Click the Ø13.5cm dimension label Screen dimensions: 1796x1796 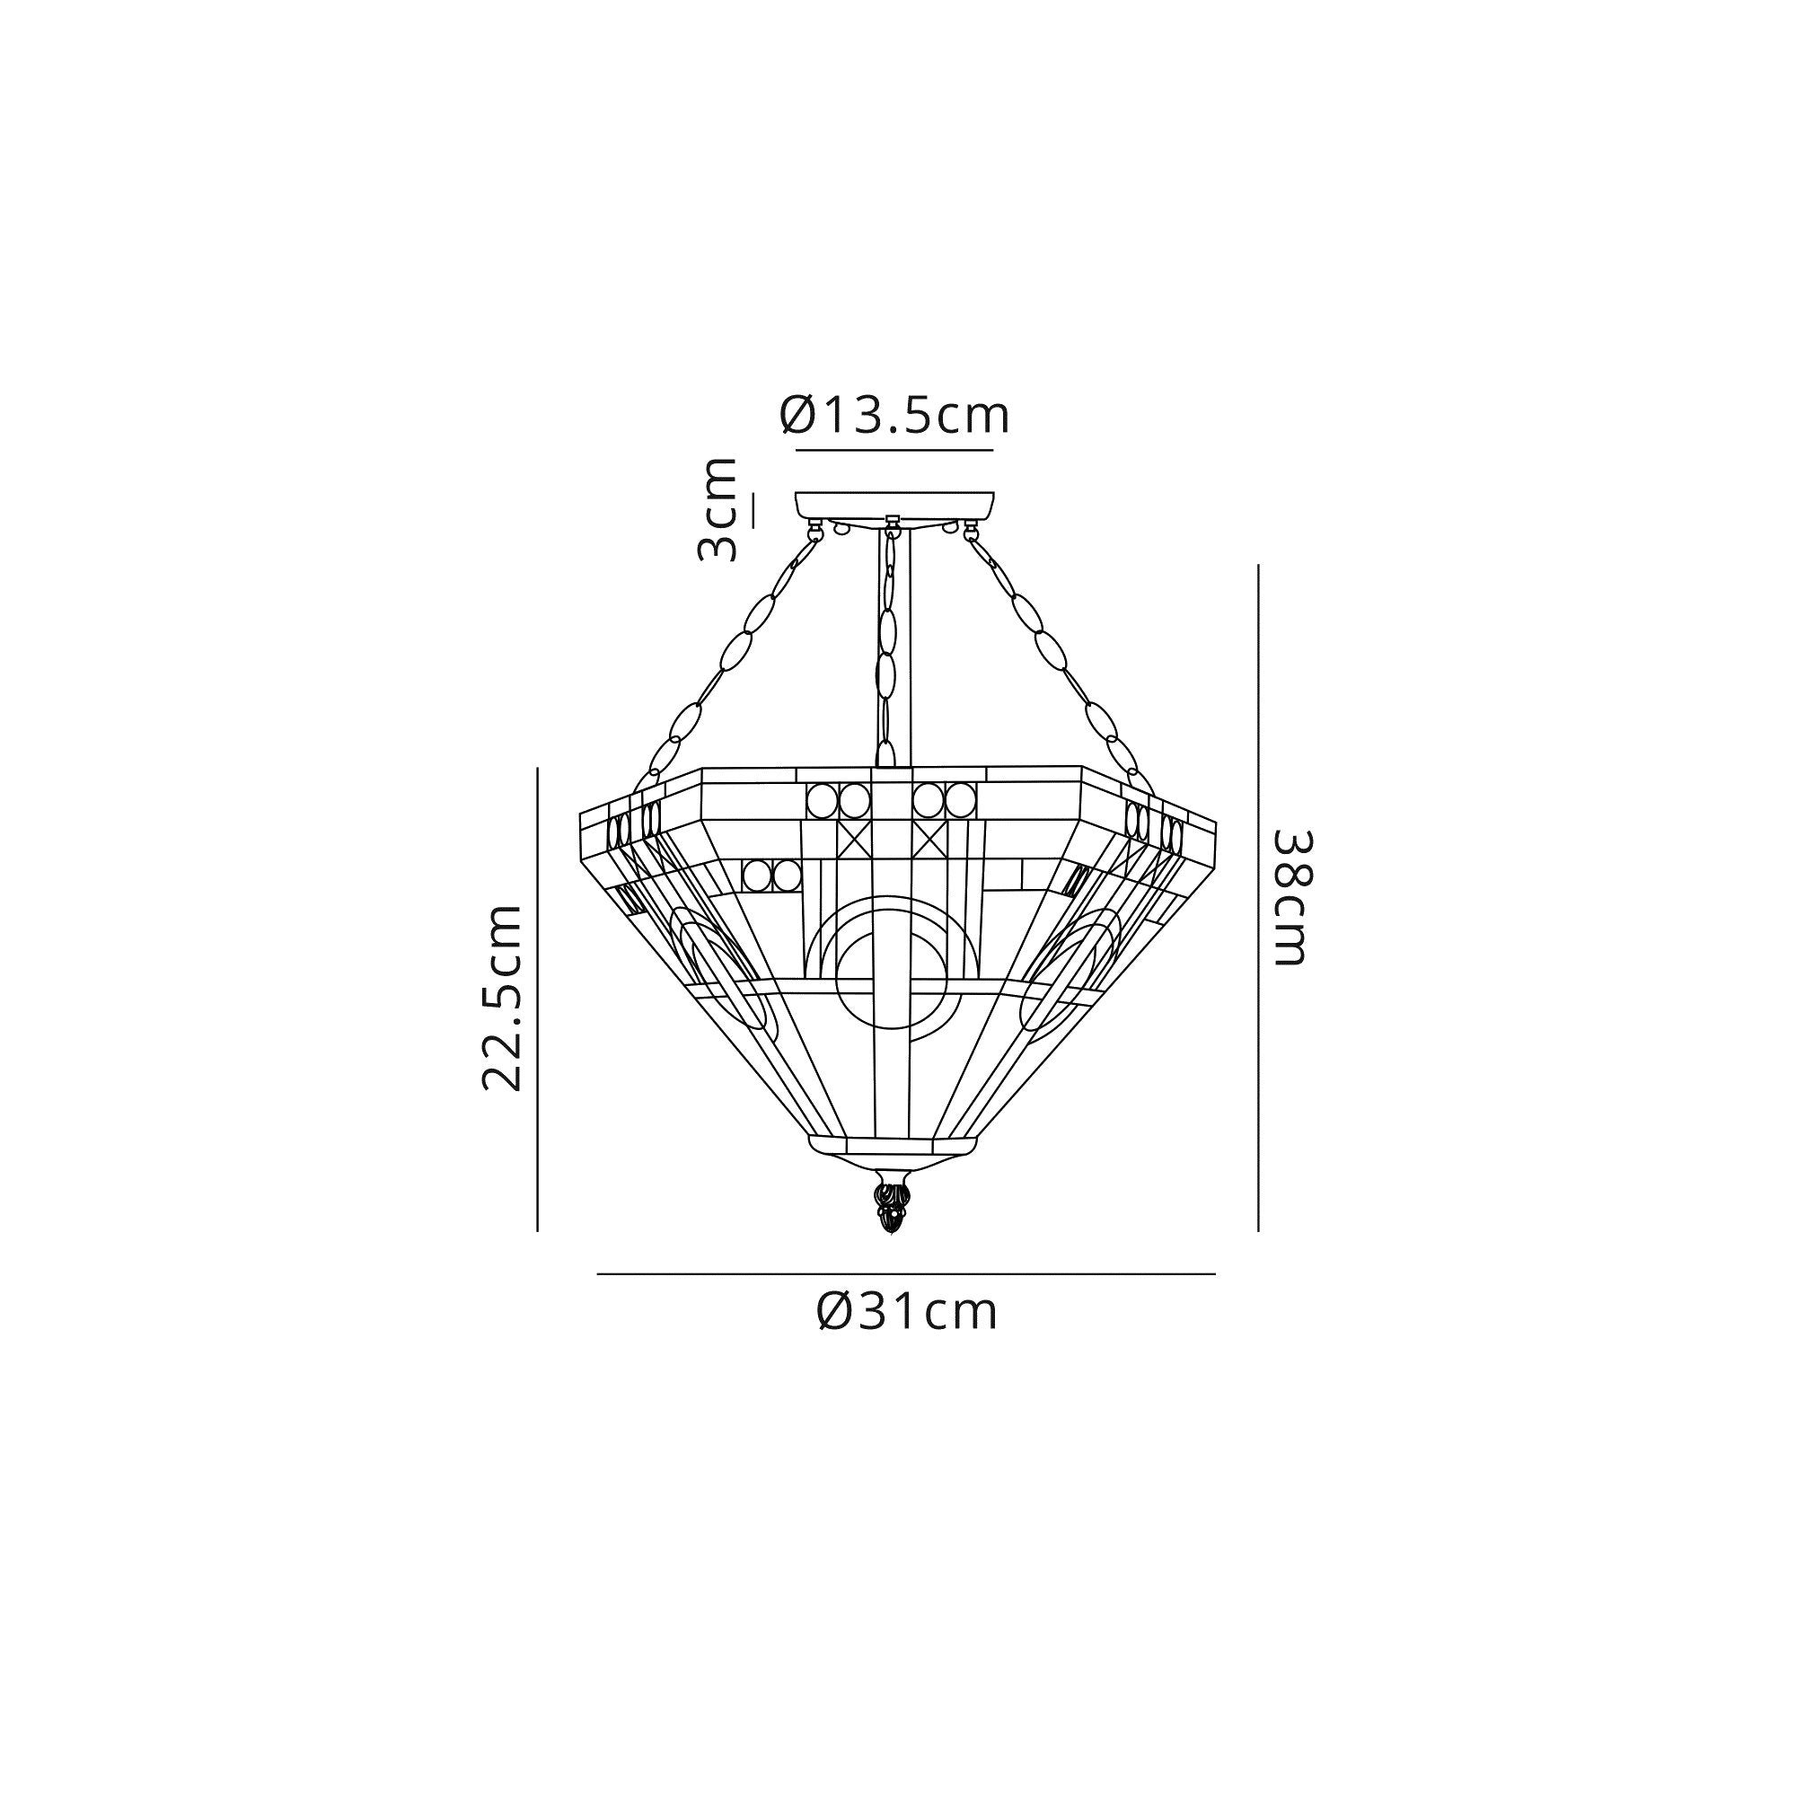894,417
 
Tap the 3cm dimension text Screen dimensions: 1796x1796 718,510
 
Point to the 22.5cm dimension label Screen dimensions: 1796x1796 503,997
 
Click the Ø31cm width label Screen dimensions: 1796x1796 906,1313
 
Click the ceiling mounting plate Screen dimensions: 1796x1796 894,505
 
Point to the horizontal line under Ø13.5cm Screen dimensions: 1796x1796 894,451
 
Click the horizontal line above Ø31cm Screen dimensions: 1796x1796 906,1273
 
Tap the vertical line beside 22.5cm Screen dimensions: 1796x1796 537,999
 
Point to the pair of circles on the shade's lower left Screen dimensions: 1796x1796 771,876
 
